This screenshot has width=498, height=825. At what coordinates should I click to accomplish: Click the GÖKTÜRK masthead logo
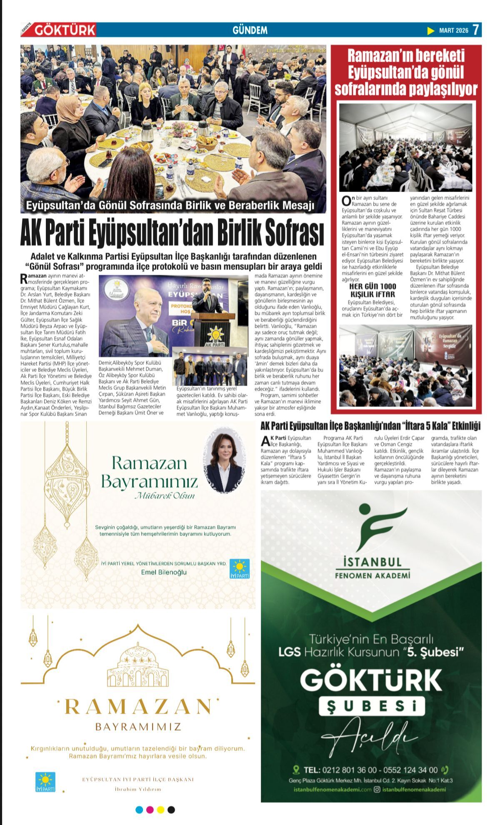[x=64, y=30]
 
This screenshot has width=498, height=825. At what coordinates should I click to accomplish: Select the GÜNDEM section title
[x=250, y=30]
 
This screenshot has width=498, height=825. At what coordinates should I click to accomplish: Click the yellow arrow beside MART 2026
[x=431, y=30]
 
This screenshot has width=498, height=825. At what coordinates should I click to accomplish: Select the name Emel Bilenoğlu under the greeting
[x=164, y=572]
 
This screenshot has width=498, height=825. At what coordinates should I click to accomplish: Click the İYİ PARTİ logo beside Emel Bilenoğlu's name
[x=240, y=568]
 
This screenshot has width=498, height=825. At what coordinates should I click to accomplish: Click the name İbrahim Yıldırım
[x=138, y=789]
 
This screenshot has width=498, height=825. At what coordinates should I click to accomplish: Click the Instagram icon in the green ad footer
[x=377, y=790]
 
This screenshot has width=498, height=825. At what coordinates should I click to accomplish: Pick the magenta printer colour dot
[x=150, y=810]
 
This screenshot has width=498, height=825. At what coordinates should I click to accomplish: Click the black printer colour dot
[x=171, y=810]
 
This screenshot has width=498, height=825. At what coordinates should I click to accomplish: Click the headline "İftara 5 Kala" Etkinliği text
[x=442, y=426]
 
